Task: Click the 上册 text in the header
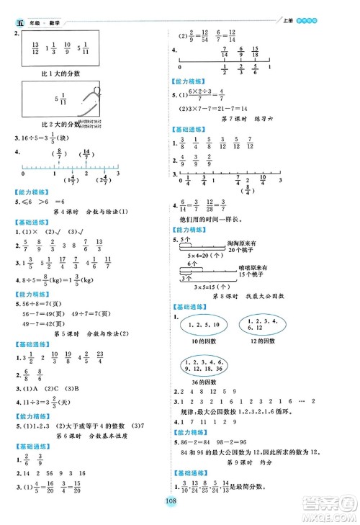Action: (x=284, y=7)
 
